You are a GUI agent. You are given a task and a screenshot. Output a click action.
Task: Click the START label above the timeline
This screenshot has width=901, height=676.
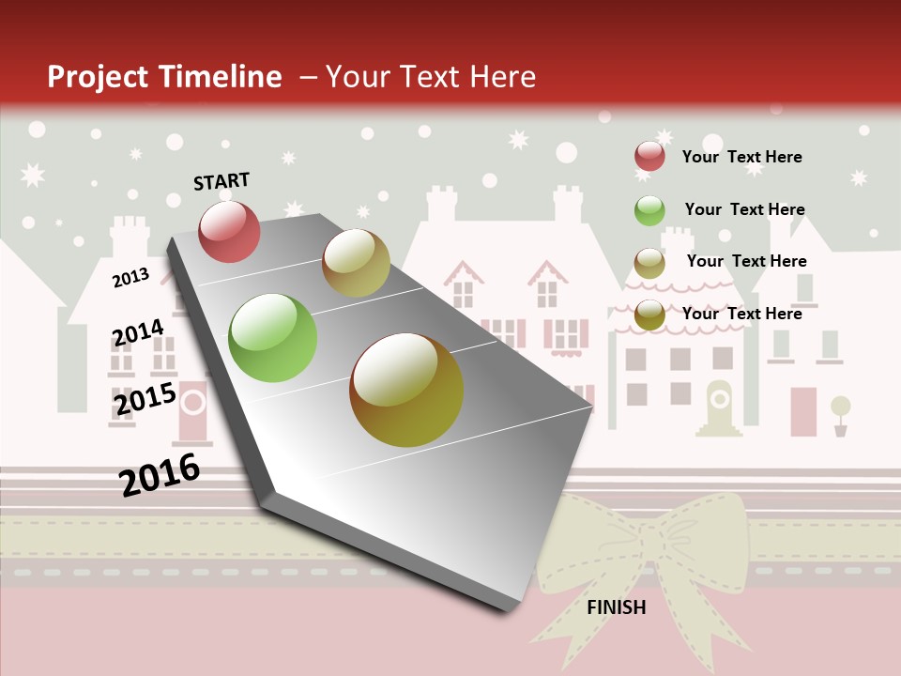click(221, 181)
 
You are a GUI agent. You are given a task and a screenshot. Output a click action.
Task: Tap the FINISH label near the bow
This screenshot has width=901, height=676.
click(617, 607)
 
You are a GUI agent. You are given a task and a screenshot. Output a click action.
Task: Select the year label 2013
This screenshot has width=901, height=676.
click(130, 277)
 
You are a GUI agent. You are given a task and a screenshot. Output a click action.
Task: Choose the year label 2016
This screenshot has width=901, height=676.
click(160, 474)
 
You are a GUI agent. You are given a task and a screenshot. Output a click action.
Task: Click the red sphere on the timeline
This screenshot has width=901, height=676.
click(229, 231)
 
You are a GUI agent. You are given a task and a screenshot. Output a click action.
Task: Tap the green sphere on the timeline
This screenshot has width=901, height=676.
click(272, 338)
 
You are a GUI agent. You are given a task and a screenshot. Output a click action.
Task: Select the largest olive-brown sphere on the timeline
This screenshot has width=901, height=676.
click(406, 390)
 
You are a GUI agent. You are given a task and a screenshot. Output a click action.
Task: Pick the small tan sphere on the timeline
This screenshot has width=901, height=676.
click(356, 263)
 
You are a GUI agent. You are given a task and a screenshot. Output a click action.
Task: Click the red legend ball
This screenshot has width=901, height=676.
click(649, 156)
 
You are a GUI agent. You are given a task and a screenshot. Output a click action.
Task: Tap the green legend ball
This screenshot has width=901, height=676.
click(649, 210)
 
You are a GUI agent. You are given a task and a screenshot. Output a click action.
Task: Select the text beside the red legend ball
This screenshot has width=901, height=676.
click(741, 157)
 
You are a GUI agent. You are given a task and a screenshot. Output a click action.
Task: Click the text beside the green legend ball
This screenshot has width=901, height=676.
click(744, 209)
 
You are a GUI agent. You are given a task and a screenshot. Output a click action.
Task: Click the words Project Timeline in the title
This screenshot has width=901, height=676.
click(164, 77)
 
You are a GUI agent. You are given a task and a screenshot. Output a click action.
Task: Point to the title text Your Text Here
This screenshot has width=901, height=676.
click(430, 77)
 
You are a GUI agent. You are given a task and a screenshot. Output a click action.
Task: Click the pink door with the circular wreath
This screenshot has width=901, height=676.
click(193, 411)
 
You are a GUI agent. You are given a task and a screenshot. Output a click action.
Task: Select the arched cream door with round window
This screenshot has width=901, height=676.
click(719, 407)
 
